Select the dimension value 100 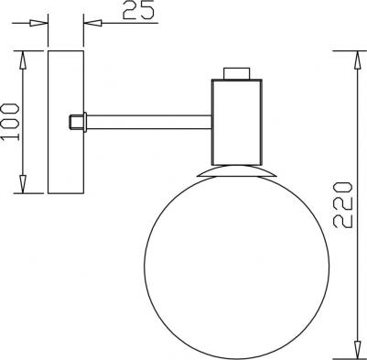click(12, 120)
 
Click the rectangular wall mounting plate click(64, 121)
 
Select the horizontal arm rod click(146, 120)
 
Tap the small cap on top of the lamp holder click(237, 72)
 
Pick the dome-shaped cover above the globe click(237, 170)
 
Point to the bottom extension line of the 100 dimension click(32, 193)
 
